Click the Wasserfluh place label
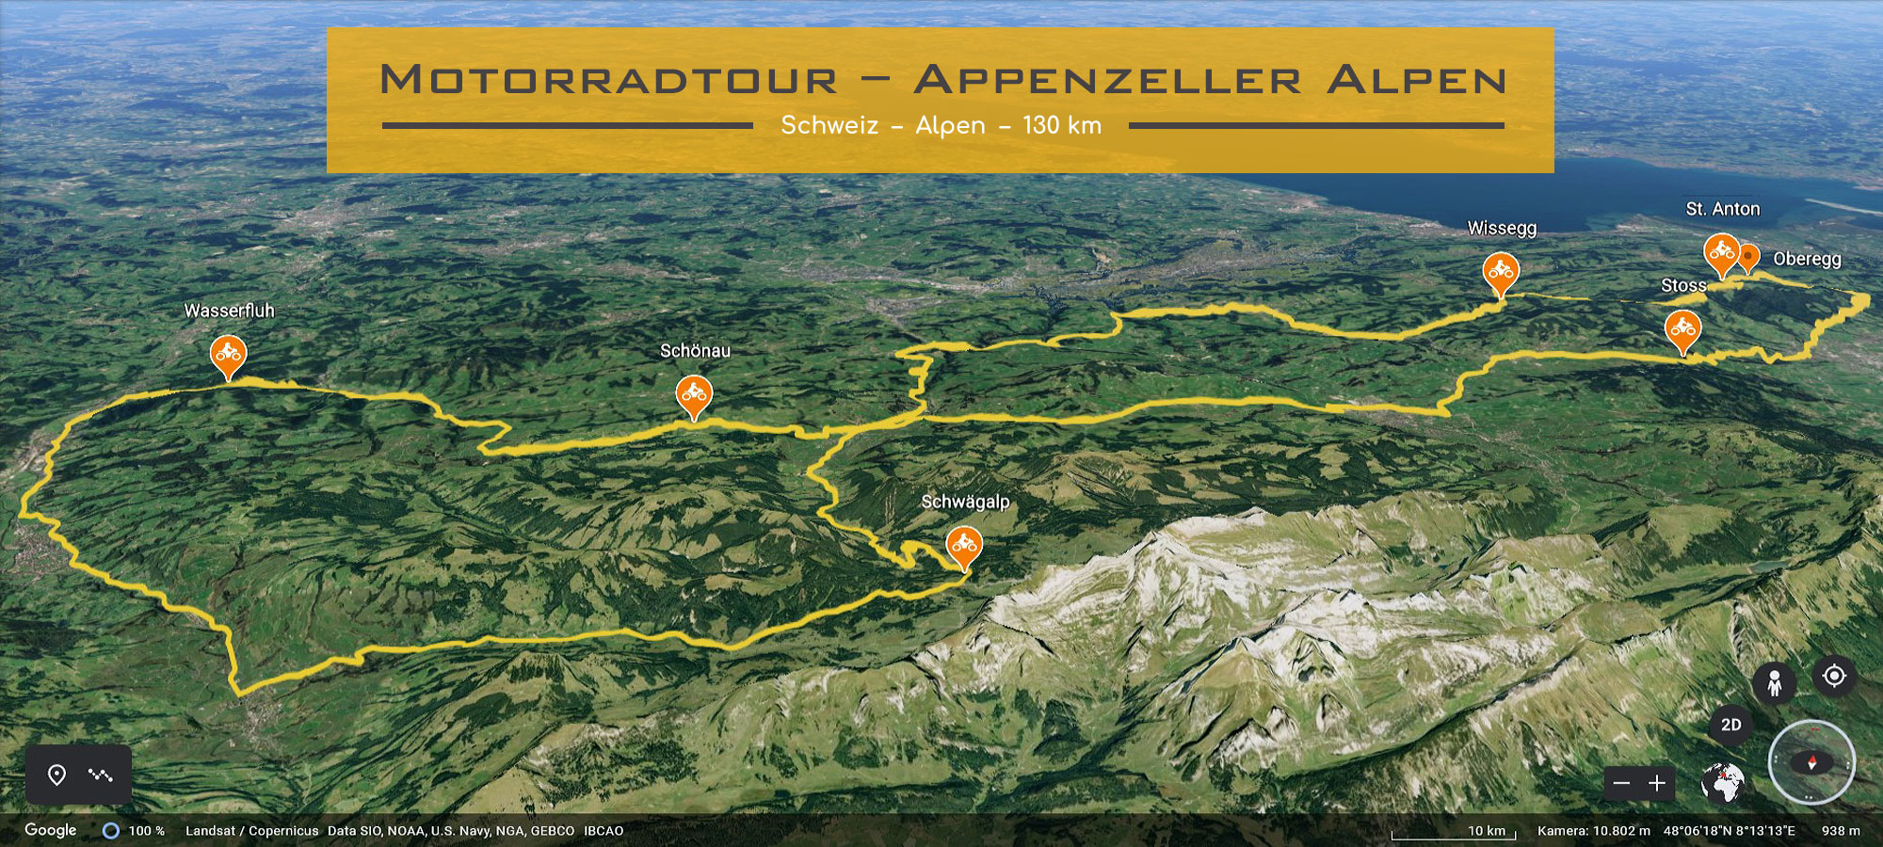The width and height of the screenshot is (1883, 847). (229, 311)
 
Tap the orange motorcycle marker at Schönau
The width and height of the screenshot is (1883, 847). (694, 393)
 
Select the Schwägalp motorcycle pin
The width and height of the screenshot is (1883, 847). (963, 545)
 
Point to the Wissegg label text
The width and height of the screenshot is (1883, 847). (1502, 229)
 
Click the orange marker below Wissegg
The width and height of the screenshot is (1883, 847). (1501, 272)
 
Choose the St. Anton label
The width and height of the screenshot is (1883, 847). (1722, 209)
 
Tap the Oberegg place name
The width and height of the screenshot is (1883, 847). (1807, 259)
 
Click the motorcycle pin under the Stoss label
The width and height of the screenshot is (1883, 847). (1682, 329)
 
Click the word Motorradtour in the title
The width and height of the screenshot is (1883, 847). (608, 80)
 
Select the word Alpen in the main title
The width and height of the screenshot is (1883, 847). (1417, 80)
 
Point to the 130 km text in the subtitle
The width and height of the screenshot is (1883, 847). (1062, 125)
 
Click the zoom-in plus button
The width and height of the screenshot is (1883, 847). (1657, 783)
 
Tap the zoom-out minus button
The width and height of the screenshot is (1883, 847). (1621, 783)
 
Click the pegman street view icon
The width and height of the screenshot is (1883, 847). (1774, 682)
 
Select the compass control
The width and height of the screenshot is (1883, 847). (1811, 762)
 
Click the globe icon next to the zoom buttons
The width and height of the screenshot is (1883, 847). (1723, 783)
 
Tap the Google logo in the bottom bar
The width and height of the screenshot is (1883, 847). (51, 830)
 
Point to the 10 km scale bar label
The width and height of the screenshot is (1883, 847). (1487, 831)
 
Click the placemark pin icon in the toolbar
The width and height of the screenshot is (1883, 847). (57, 775)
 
